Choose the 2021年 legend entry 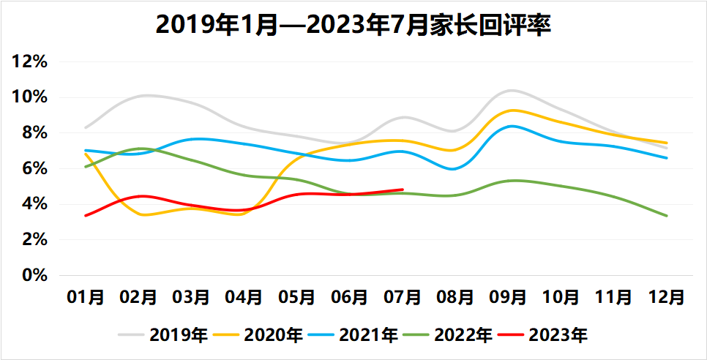pos(368,335)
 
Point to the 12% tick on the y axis pos(31,62)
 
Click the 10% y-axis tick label pos(31,98)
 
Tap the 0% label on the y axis pos(35,276)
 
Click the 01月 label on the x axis pos(86,297)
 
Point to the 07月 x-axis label pos(403,297)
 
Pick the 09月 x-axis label pos(509,297)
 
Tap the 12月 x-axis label pos(667,297)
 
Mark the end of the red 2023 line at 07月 pos(403,190)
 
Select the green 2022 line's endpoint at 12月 pos(667,216)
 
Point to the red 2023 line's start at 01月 pos(86,215)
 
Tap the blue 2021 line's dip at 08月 pos(454,169)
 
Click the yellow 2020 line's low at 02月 pos(142,214)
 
